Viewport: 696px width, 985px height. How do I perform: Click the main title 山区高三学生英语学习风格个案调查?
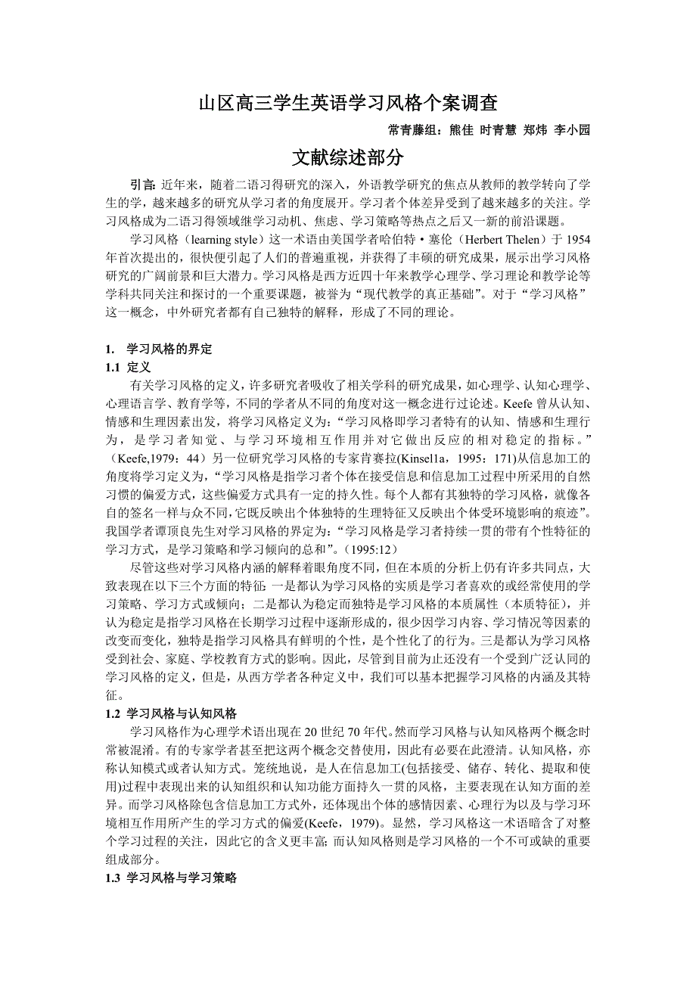[x=347, y=102]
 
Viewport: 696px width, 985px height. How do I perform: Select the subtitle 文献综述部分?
[x=347, y=157]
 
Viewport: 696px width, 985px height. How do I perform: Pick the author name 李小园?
[x=572, y=129]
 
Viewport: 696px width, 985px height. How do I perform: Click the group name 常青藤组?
[x=412, y=129]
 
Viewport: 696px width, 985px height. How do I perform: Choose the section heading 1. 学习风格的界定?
[x=160, y=350]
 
